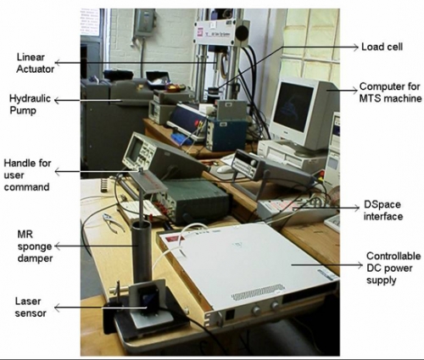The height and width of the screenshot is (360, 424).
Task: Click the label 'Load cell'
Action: tap(382, 47)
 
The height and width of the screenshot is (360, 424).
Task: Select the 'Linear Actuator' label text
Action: tap(35, 63)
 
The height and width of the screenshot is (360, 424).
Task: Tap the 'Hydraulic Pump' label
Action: tap(30, 104)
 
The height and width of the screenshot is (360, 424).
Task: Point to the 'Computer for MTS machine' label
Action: tap(390, 92)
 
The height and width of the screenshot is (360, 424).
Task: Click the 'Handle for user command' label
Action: tap(27, 175)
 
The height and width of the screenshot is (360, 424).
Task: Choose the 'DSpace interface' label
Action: tap(382, 210)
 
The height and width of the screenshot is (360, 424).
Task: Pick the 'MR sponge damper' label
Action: tap(35, 246)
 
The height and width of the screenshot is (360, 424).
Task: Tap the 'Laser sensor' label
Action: tap(31, 307)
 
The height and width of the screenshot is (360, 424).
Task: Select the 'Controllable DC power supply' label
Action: tap(393, 268)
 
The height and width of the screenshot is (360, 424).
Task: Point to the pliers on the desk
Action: tap(114, 223)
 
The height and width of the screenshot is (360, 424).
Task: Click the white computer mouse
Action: tap(225, 169)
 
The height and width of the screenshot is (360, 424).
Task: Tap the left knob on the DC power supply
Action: tap(256, 310)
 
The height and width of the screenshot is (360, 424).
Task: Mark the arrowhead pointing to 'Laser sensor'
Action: tap(57, 307)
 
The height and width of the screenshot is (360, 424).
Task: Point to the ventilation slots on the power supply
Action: tap(258, 292)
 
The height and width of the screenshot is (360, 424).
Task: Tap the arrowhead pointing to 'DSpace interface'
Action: tap(357, 208)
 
